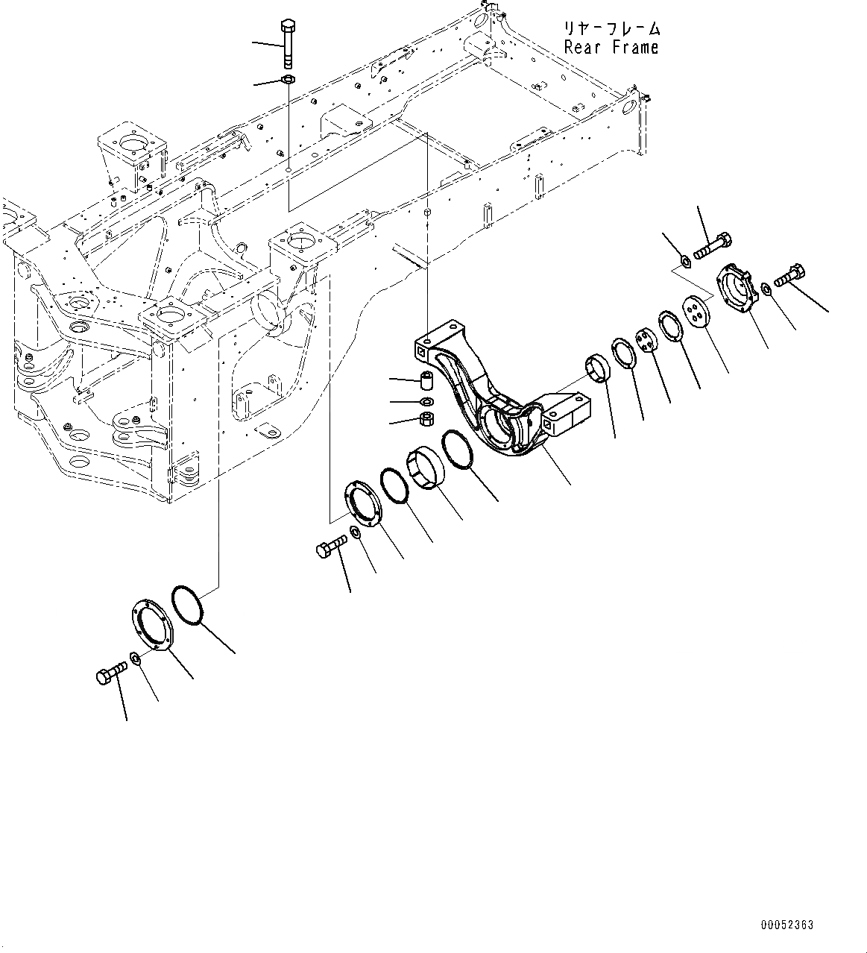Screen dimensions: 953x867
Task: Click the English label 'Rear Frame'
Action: [x=611, y=47]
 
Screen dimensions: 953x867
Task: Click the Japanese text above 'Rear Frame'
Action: [x=611, y=29]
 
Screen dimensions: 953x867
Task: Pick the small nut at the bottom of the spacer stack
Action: [x=428, y=420]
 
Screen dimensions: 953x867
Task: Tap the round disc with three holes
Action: [x=699, y=312]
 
